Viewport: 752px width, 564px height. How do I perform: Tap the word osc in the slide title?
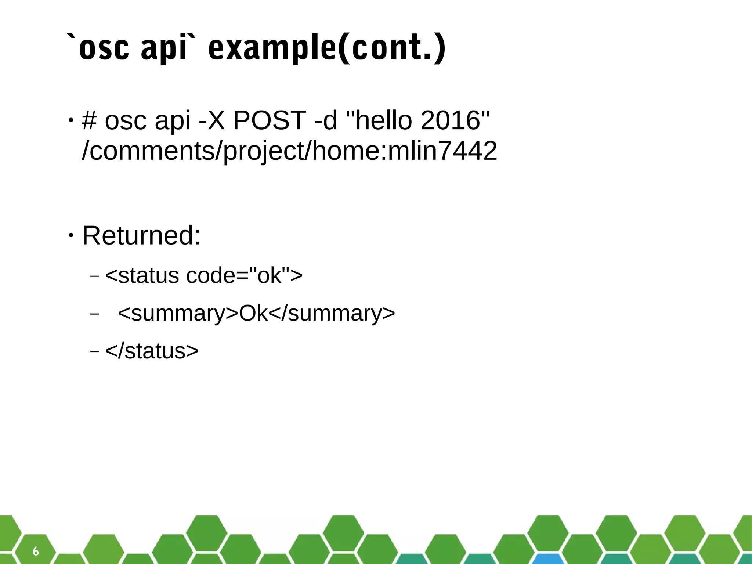pyautogui.click(x=104, y=49)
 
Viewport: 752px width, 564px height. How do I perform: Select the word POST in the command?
pyautogui.click(x=270, y=120)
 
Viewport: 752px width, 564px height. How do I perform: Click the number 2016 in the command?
pyautogui.click(x=451, y=120)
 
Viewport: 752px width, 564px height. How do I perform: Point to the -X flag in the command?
pyautogui.click(x=211, y=120)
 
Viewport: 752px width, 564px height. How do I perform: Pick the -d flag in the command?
pyautogui.click(x=326, y=120)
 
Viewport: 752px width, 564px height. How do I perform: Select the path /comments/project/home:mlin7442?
pyautogui.click(x=289, y=151)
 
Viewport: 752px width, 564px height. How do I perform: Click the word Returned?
pyautogui.click(x=141, y=235)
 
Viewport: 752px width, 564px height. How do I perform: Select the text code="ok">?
pyautogui.click(x=244, y=275)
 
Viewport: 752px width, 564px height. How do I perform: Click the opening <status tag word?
pyautogui.click(x=142, y=275)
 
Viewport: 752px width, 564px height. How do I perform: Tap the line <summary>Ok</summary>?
pyautogui.click(x=256, y=313)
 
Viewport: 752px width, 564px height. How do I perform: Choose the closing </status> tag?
pyautogui.click(x=152, y=351)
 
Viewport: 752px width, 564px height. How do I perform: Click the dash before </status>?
pyautogui.click(x=94, y=351)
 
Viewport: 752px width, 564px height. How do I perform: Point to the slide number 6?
pyautogui.click(x=36, y=551)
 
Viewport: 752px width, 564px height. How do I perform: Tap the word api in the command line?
pyautogui.click(x=173, y=120)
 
